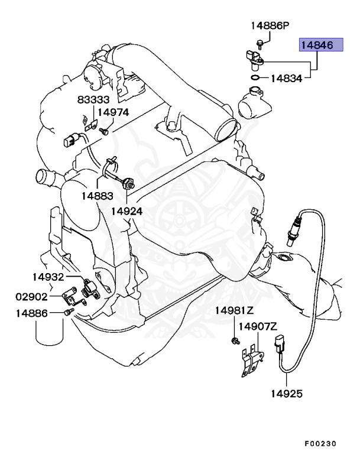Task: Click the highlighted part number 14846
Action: tap(320, 44)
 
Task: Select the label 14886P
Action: tap(269, 25)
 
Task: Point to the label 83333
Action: tap(93, 100)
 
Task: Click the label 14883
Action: tap(97, 195)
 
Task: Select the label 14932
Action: tap(48, 277)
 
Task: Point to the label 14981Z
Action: tap(233, 310)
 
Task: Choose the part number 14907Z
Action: tap(258, 326)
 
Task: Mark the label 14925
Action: tap(287, 393)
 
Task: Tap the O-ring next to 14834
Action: tap(254, 77)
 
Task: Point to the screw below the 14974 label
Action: tap(104, 131)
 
